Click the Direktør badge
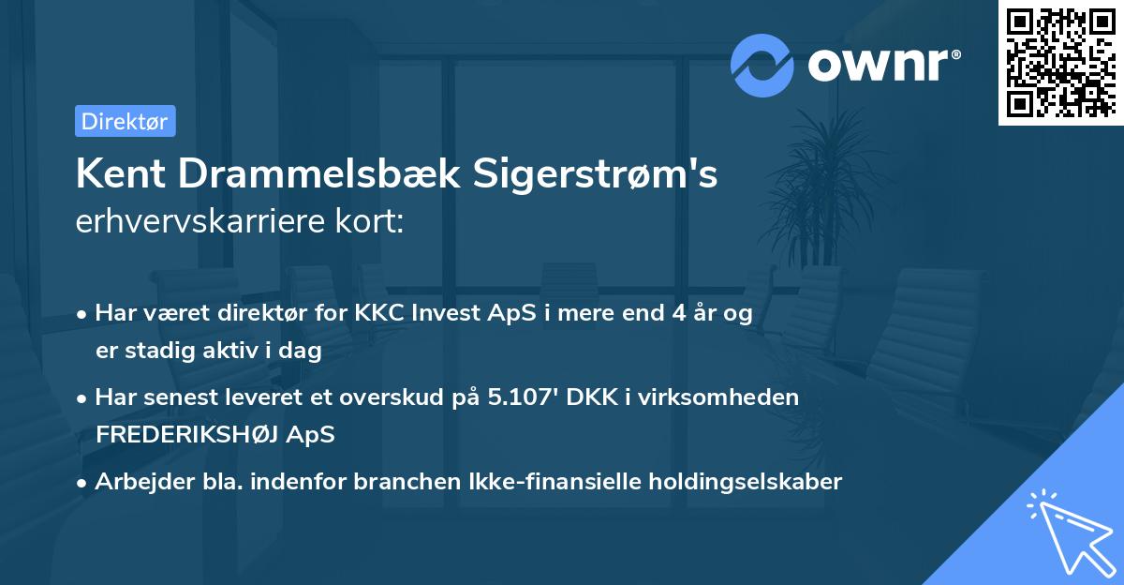(x=125, y=121)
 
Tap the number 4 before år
(x=664, y=314)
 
